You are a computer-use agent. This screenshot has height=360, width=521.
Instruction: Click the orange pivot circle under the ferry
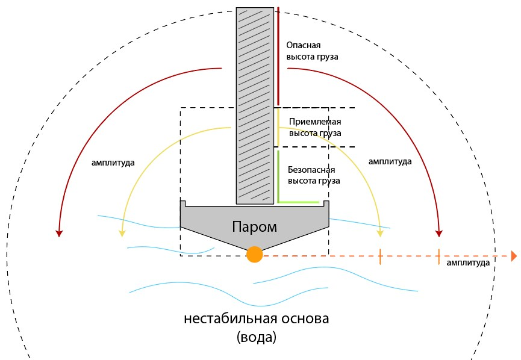click(255, 255)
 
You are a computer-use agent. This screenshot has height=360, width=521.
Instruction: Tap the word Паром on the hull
click(254, 227)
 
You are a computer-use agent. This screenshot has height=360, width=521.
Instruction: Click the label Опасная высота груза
click(312, 51)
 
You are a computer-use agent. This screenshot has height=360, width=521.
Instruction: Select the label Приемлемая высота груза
click(315, 127)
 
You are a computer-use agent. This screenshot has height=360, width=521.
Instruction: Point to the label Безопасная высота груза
click(314, 175)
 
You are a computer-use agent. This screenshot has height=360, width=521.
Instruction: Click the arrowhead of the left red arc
click(59, 233)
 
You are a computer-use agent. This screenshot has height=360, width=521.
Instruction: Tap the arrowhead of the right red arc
click(439, 233)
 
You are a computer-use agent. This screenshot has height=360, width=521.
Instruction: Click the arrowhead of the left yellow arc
click(122, 233)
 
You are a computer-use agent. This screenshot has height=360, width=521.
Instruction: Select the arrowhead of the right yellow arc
click(380, 233)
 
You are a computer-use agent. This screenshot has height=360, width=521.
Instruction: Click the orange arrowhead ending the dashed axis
click(514, 256)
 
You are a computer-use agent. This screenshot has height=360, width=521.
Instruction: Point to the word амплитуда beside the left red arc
click(113, 163)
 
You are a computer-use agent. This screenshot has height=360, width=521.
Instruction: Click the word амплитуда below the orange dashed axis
click(468, 262)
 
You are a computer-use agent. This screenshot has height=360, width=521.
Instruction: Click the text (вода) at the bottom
click(257, 337)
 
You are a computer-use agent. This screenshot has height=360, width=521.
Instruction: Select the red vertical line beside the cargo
click(278, 56)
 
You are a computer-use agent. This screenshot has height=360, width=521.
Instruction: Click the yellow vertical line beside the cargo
click(278, 127)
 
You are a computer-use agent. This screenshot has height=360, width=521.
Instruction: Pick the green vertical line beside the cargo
click(278, 176)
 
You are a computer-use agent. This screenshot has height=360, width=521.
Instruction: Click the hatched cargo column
click(255, 105)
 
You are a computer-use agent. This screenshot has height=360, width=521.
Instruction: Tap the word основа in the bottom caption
click(305, 318)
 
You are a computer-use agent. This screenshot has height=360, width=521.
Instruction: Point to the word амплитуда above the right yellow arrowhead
click(390, 161)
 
